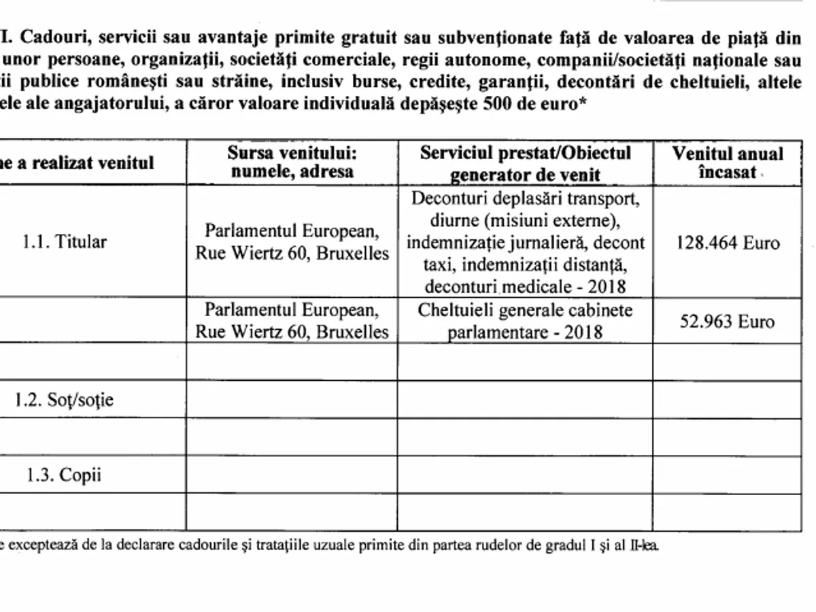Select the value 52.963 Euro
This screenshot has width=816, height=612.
click(728, 321)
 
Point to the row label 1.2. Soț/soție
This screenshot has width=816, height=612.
click(65, 400)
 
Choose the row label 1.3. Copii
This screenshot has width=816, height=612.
click(64, 475)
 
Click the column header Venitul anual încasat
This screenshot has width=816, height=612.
click(728, 163)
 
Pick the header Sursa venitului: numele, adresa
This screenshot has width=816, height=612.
click(292, 162)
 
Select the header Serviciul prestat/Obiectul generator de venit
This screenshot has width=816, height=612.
click(526, 163)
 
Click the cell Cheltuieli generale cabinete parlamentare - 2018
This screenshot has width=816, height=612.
click(526, 321)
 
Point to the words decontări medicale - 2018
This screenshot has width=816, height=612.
click(524, 285)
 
